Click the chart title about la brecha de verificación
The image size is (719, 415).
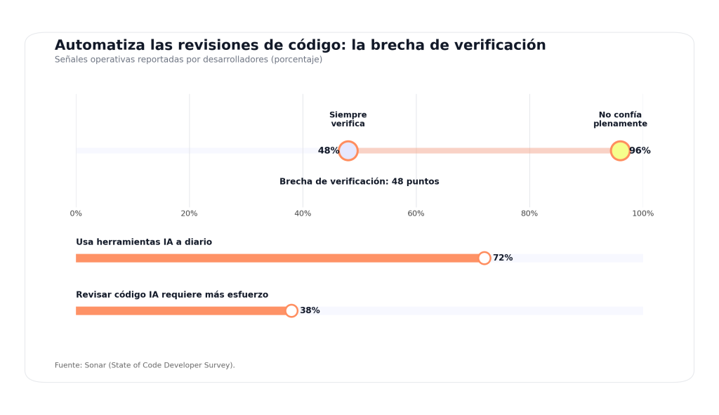(x=300, y=45)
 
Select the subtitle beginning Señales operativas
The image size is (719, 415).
(x=188, y=60)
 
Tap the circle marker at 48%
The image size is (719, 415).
(x=348, y=151)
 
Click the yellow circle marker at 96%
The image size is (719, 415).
(x=620, y=151)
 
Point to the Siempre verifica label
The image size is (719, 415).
(x=348, y=119)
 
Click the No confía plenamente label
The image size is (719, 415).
(x=620, y=119)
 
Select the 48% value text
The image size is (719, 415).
(x=328, y=151)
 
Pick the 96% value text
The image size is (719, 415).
(x=640, y=151)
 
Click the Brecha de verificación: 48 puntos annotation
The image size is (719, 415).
(x=359, y=182)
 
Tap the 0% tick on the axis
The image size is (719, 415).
(x=76, y=213)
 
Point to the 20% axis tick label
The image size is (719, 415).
(x=189, y=213)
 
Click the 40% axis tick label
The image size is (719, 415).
(x=303, y=213)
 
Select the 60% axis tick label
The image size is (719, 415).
(x=416, y=213)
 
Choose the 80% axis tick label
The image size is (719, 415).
(x=529, y=213)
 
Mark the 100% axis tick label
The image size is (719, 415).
(x=642, y=213)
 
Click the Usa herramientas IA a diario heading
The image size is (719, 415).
(x=144, y=242)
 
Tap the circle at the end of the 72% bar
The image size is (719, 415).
(x=484, y=258)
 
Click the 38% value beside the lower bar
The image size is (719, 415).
(x=310, y=310)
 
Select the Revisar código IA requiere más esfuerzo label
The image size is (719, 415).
(x=172, y=295)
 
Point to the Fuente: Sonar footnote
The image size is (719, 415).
(x=145, y=365)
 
